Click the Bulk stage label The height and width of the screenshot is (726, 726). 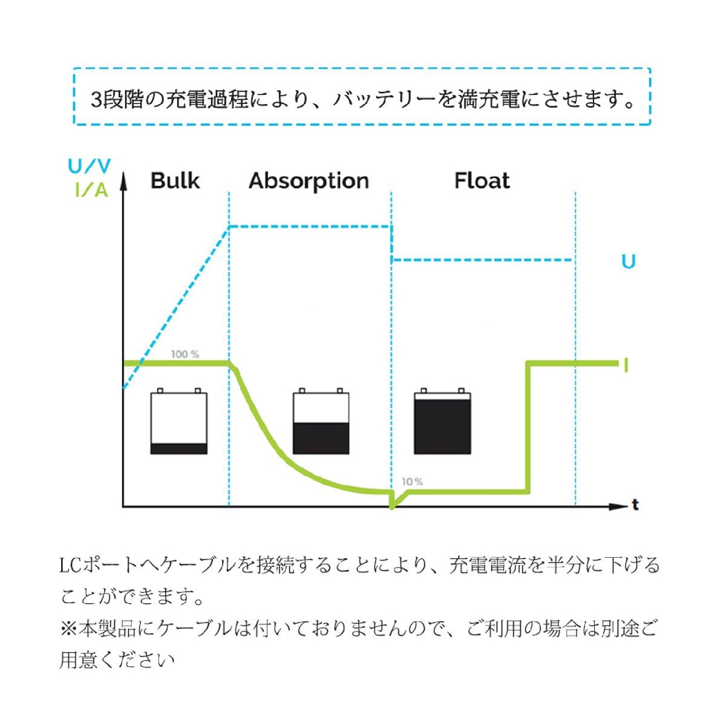tap(175, 180)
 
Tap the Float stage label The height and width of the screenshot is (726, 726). tap(482, 180)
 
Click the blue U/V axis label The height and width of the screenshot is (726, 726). tap(90, 166)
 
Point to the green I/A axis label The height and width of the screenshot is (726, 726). tap(91, 190)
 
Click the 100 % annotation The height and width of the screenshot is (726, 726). tap(185, 354)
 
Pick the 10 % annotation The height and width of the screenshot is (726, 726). tap(413, 482)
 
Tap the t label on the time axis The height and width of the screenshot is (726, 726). tap(636, 505)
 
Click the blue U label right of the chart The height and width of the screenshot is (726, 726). tap(629, 261)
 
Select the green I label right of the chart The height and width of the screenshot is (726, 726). tap(626, 365)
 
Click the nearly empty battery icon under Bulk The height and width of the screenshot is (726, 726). tap(179, 421)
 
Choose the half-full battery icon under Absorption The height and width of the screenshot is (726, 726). tap(321, 421)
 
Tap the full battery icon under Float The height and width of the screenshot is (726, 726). tap(443, 421)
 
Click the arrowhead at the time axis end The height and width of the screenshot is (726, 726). tap(618, 507)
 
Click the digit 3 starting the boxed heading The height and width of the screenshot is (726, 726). tap(96, 100)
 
